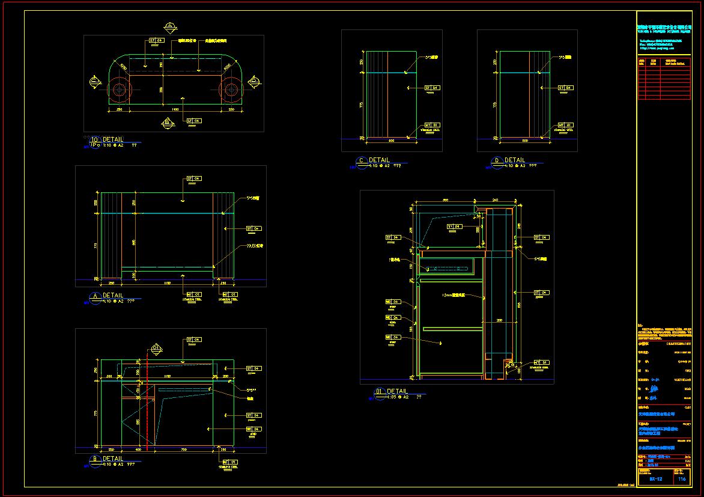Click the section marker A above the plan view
pyautogui.click(x=170, y=26)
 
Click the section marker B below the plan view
pyautogui.click(x=168, y=123)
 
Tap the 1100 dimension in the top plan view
pyautogui.click(x=175, y=110)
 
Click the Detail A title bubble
pyautogui.click(x=94, y=296)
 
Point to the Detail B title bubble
pyautogui.click(x=94, y=460)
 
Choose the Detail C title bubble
pyautogui.click(x=361, y=160)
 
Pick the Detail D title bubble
pyautogui.click(x=497, y=160)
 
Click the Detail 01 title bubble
pyautogui.click(x=379, y=392)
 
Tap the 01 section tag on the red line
pyautogui.click(x=156, y=347)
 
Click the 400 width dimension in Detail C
pyautogui.click(x=391, y=141)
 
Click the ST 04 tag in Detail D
pyautogui.click(x=565, y=88)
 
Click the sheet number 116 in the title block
pyautogui.click(x=682, y=479)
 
